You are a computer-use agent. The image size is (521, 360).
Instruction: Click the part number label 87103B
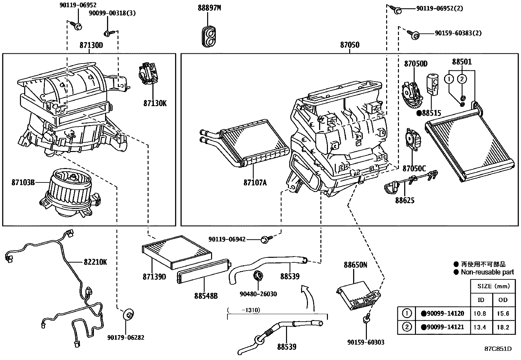pos(23,182)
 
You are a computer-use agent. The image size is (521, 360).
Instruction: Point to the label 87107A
pos(255,182)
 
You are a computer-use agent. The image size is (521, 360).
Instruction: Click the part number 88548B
pos(206,296)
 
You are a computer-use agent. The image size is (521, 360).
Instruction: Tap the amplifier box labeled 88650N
pos(358,295)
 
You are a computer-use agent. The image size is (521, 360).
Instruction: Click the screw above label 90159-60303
pos(367,318)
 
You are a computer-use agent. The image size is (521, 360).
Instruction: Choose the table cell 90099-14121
pos(443,327)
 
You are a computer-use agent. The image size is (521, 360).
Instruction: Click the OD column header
pos(503,300)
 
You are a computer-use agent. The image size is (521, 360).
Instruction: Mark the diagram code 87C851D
pos(498,349)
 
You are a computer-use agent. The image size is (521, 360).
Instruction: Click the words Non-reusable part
pos(487,272)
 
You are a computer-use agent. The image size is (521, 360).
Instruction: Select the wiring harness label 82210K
pos(95,262)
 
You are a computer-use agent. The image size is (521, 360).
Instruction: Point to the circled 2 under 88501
pos(462,79)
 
